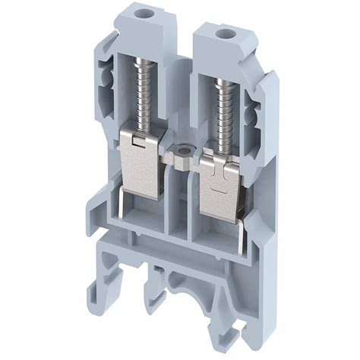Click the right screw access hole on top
pyautogui.click(x=223, y=34)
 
